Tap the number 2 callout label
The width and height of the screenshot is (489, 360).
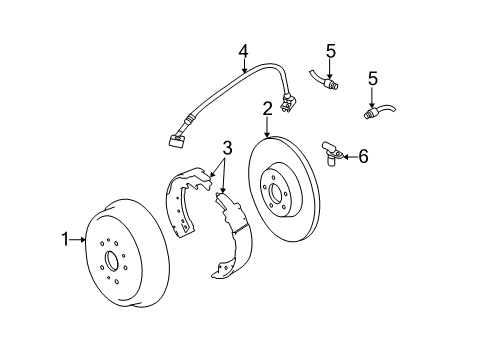pos(268,108)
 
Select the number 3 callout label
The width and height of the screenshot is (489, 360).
pos(228,148)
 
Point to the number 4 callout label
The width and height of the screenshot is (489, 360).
pos(243,51)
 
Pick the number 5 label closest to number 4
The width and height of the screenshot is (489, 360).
pos(329,50)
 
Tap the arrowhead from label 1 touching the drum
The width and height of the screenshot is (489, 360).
pos(86,239)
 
